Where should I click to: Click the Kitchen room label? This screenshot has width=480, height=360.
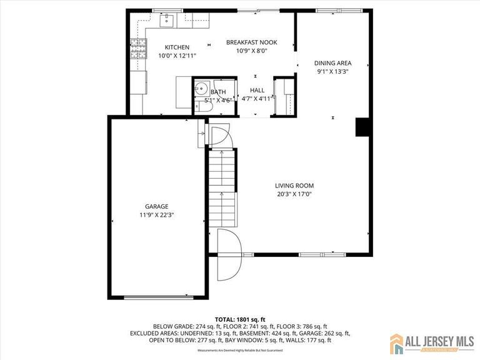pos(177,47)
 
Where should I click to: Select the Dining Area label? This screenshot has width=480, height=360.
pos(332,63)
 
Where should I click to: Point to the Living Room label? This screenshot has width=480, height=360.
pos(294,186)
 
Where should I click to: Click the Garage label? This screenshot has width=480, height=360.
pos(156,206)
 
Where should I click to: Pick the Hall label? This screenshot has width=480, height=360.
pos(257,90)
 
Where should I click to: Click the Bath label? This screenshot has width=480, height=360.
pos(218,92)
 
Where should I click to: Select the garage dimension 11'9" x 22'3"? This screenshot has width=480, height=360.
pos(156,215)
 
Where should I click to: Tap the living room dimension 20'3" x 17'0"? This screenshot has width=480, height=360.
pos(294,194)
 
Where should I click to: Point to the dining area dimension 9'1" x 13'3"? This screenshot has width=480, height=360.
pos(332,72)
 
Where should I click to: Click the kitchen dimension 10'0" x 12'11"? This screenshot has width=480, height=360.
pos(177,56)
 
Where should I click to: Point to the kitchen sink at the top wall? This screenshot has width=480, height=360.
pos(167,22)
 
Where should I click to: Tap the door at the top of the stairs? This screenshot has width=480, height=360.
pos(220,137)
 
